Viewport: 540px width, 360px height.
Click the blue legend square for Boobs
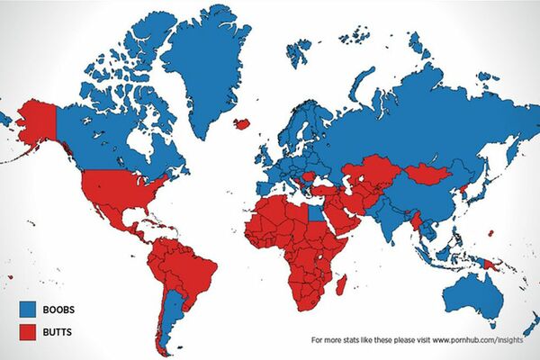tap(28, 308)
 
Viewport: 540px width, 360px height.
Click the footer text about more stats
tap(422, 341)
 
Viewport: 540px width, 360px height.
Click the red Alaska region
tap(36, 121)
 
